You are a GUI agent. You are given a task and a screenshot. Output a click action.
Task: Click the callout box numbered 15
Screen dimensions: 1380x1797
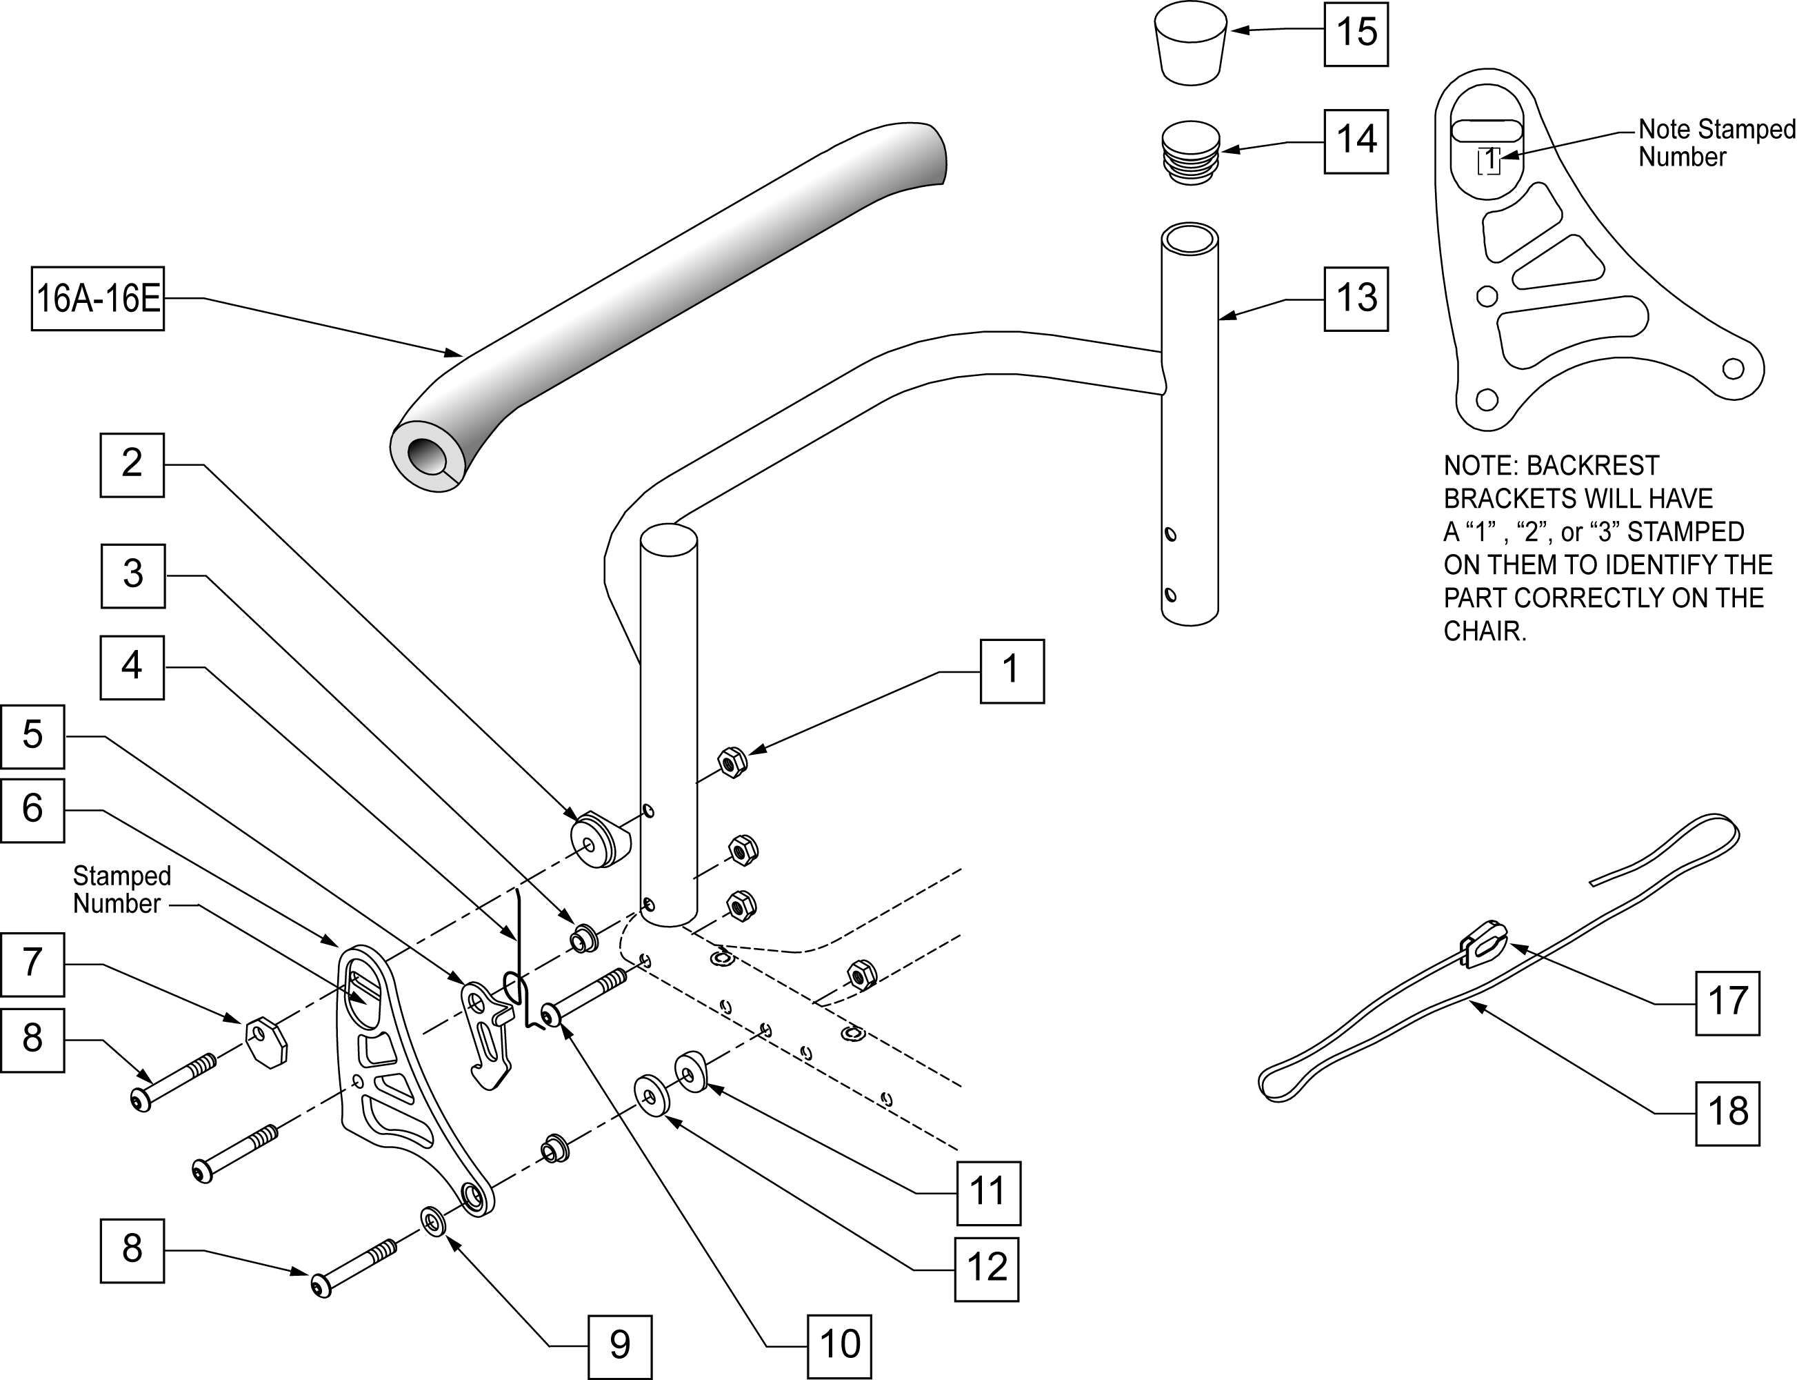[x=1356, y=34]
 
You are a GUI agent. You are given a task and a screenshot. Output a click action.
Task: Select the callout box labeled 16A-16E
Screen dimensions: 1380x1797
[x=98, y=298]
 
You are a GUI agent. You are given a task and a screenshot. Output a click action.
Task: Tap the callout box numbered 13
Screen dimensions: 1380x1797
[x=1356, y=299]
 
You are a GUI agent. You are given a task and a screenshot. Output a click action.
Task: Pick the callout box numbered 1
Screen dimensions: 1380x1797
[x=1012, y=671]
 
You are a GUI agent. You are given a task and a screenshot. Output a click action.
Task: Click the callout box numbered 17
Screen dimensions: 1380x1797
[x=1727, y=1003]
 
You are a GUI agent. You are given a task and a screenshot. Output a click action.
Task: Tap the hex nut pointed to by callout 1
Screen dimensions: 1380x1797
[x=732, y=762]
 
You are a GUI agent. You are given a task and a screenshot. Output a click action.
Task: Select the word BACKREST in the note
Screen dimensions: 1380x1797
[x=1593, y=466]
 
